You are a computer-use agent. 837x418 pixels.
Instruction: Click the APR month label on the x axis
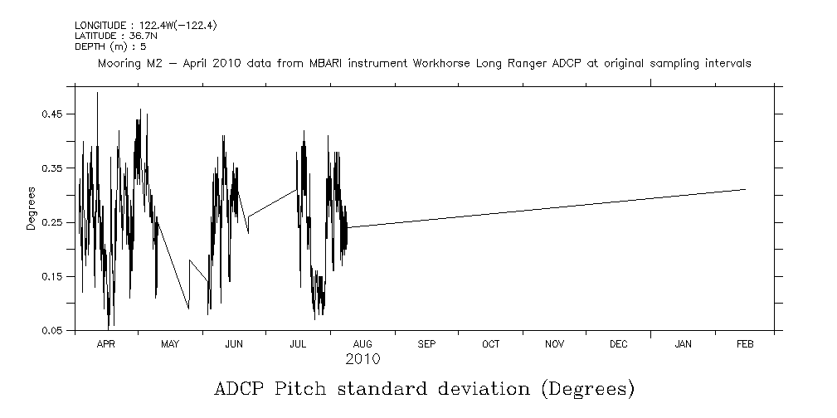tap(105, 343)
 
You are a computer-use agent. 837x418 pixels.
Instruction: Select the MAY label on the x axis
tap(169, 343)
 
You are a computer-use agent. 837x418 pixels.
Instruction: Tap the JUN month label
tap(234, 343)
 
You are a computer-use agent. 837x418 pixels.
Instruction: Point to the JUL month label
tap(298, 343)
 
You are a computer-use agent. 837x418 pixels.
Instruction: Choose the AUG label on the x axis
tap(363, 343)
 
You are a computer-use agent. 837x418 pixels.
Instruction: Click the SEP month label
tap(426, 343)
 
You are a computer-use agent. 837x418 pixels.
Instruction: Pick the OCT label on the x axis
tap(490, 343)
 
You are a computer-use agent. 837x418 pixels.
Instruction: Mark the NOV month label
tap(554, 343)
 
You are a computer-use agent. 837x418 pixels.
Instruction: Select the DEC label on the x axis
tap(618, 343)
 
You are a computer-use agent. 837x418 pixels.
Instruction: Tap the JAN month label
tap(683, 343)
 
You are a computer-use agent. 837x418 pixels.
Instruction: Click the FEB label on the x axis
tap(745, 343)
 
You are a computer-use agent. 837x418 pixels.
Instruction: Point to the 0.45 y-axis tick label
tap(52, 114)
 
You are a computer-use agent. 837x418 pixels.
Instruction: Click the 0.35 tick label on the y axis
tap(52, 168)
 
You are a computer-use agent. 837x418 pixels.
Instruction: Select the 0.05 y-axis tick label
tap(52, 331)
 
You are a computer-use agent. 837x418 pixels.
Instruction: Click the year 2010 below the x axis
tap(363, 359)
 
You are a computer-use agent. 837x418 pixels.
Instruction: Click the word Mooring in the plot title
tap(119, 64)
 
